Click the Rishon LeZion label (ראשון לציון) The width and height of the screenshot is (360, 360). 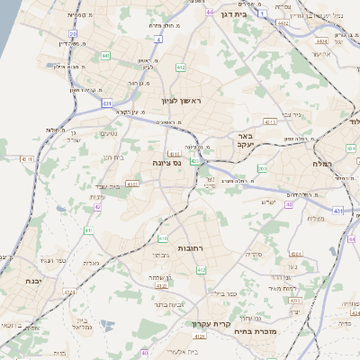178,100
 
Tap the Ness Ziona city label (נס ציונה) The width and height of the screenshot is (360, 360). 166,163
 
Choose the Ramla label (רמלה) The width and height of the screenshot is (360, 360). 323,164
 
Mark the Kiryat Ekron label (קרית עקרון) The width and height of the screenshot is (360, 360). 212,324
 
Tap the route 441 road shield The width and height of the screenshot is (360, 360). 105,56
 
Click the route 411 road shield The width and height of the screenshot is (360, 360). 88,230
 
